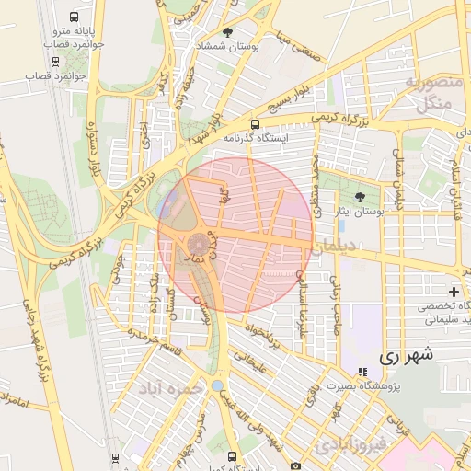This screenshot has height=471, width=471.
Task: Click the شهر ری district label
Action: coord(406,354)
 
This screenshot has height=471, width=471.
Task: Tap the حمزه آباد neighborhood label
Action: coord(169,389)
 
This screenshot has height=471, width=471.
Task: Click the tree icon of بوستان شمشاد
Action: coord(228,32)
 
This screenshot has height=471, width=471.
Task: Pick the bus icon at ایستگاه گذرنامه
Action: coord(255,124)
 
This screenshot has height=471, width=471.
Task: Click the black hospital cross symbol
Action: coord(454,292)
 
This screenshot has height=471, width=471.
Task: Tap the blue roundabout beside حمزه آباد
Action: coord(218,386)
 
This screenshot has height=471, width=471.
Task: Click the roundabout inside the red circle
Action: coord(198,246)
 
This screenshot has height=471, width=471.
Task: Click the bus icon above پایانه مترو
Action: coord(75,17)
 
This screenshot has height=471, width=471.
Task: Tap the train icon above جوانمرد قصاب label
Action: coord(56,62)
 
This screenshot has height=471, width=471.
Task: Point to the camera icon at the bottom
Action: coord(294,465)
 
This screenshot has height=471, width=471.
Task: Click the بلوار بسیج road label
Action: coord(228,109)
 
